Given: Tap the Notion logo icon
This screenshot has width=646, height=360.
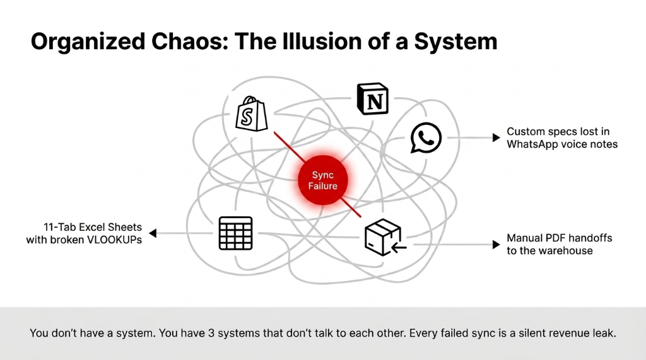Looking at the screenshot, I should click(372, 98).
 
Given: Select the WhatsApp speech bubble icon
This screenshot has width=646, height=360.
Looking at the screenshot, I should click(426, 137).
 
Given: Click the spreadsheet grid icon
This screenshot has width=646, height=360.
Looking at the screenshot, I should click(235, 233).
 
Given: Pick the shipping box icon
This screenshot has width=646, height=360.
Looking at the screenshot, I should click(384, 238).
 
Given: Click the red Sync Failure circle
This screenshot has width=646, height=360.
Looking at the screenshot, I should click(323, 180).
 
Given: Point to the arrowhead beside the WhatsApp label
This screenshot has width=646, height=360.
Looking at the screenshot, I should click(496, 137).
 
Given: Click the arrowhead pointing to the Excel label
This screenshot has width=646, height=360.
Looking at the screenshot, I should click(153, 233).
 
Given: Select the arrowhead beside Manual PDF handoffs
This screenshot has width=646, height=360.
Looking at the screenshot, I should click(496, 244).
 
